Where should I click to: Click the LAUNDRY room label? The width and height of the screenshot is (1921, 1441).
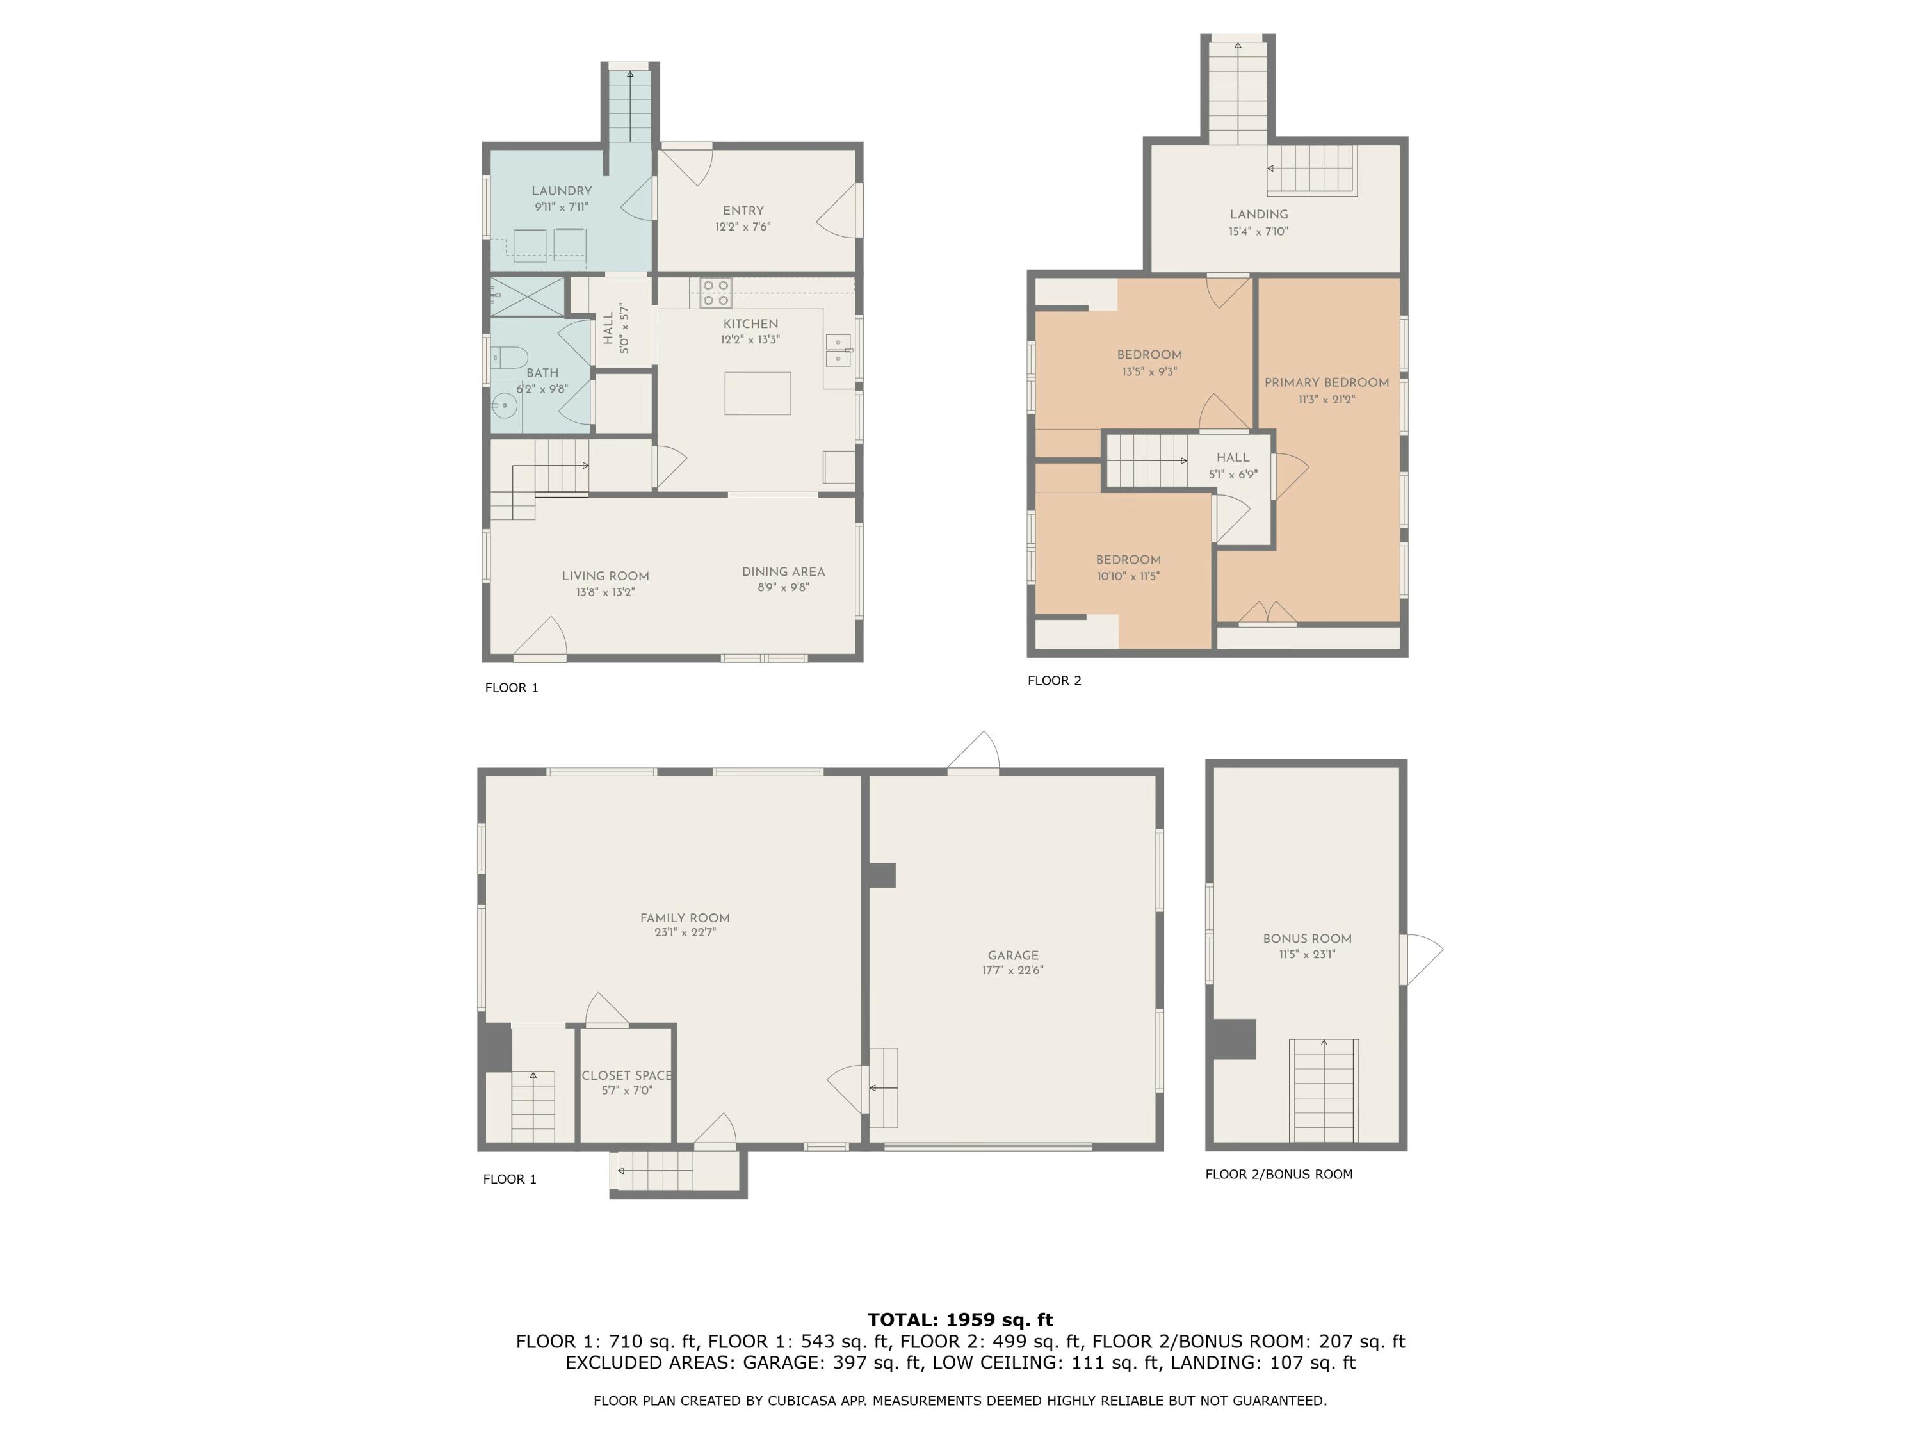(561, 191)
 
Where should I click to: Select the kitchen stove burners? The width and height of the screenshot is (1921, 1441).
(716, 293)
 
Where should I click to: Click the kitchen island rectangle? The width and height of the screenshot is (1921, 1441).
(758, 393)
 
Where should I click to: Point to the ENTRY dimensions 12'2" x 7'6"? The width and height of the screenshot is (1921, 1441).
(743, 227)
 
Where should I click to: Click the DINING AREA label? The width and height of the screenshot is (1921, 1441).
(783, 571)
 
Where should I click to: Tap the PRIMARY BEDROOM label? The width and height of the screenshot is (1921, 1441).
(1326, 382)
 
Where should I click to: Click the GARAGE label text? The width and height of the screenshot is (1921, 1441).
(1012, 955)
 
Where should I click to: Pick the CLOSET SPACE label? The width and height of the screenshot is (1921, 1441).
(626, 1075)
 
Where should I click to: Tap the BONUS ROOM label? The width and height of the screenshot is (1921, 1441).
(1307, 938)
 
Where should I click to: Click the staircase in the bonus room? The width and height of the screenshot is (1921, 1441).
(1324, 1090)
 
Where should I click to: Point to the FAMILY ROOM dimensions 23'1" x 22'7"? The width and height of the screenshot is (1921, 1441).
(685, 933)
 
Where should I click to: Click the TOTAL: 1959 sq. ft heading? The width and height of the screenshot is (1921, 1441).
(960, 1320)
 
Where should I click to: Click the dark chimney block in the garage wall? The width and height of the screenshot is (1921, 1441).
(882, 875)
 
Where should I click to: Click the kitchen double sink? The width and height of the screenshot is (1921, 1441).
(838, 350)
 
